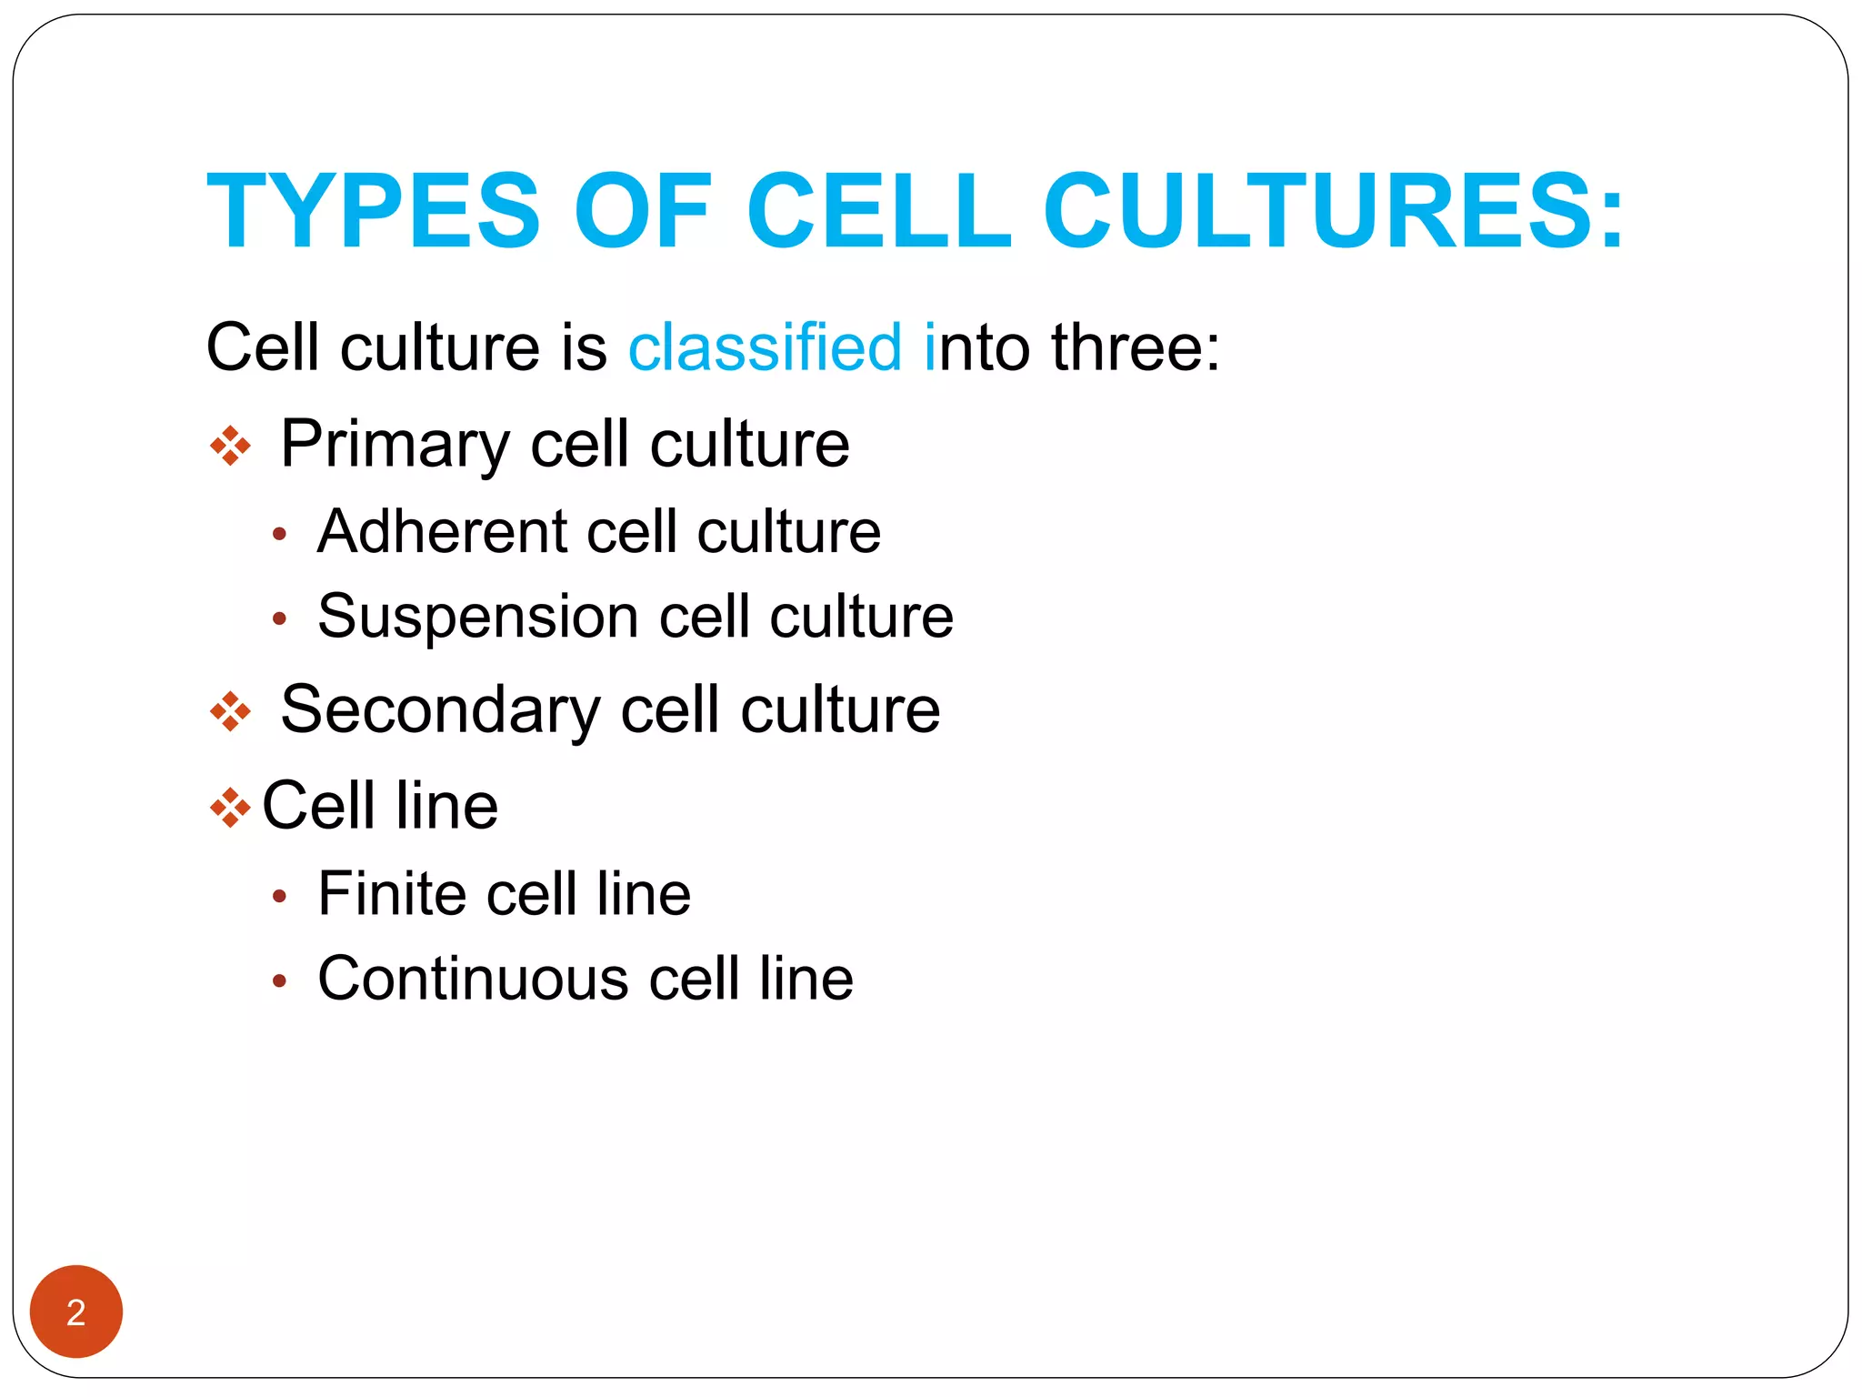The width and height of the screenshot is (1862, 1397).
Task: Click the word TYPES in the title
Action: tap(374, 211)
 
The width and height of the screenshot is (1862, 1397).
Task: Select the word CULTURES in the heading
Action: tap(1333, 211)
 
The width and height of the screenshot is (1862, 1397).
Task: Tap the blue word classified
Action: tap(765, 347)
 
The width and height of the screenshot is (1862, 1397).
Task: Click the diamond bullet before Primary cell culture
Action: tap(230, 446)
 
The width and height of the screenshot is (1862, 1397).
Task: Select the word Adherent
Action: tap(442, 532)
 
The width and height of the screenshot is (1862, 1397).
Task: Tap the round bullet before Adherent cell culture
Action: tap(280, 535)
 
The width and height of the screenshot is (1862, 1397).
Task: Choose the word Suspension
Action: tap(478, 618)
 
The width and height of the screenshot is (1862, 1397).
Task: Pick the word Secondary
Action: tap(440, 710)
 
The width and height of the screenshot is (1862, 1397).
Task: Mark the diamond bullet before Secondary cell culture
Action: tap(230, 711)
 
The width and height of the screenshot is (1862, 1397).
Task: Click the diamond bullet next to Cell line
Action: tap(230, 807)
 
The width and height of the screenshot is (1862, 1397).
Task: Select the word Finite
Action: tap(392, 894)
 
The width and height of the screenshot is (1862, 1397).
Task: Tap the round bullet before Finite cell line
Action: tap(280, 897)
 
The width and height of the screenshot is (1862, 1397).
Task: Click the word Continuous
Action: tap(473, 980)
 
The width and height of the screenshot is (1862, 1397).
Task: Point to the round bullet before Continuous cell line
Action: tap(280, 982)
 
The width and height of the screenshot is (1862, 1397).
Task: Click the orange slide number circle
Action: tap(76, 1312)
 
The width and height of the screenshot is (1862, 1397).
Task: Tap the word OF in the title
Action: tap(642, 211)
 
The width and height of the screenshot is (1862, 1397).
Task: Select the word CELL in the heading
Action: tap(878, 211)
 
